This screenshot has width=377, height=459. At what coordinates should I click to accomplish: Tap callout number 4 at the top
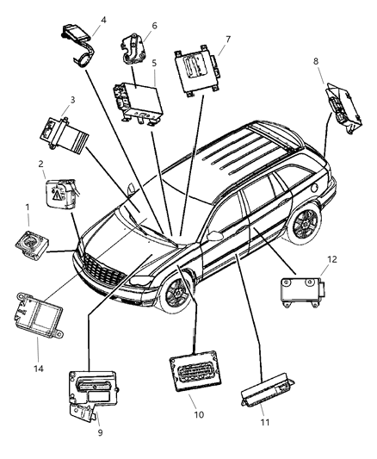coord(103,18)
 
